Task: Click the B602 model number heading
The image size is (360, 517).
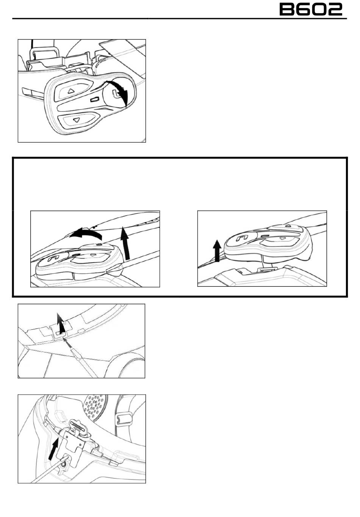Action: point(311,9)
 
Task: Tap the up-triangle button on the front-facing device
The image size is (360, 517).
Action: point(71,91)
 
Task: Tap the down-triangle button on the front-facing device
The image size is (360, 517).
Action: point(77,120)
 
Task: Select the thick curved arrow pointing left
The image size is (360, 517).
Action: point(86,234)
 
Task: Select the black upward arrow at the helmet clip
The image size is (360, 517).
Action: point(61,323)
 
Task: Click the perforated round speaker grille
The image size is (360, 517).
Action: point(95,408)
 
